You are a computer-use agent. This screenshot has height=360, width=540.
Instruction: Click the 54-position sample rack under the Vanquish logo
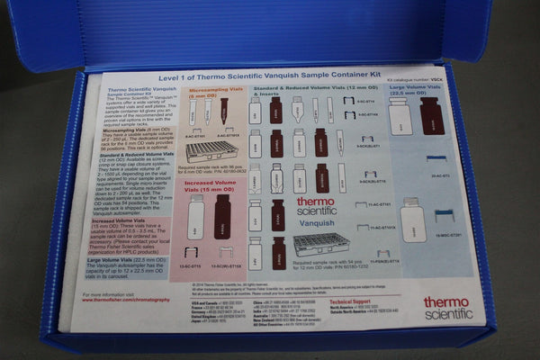319,244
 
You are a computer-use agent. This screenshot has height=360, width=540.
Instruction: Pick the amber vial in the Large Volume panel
432,117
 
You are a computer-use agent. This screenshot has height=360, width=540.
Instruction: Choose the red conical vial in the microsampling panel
224,112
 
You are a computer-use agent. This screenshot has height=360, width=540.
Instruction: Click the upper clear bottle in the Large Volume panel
401,117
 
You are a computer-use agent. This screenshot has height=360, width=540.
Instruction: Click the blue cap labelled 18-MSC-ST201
443,216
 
